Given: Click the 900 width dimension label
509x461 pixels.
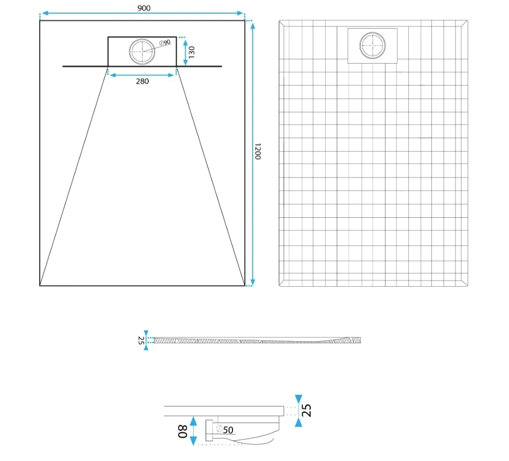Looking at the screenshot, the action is tap(144, 8).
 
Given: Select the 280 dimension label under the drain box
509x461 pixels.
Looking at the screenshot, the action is tap(142, 81).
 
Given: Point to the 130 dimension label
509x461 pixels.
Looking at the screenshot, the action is tap(192, 52).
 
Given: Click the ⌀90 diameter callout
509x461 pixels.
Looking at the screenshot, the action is tap(165, 42).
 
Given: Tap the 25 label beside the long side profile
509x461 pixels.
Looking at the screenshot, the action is tap(141, 340).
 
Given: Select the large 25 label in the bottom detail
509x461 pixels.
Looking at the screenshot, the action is tap(307, 410).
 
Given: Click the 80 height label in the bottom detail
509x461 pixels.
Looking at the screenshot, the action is tap(183, 431).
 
